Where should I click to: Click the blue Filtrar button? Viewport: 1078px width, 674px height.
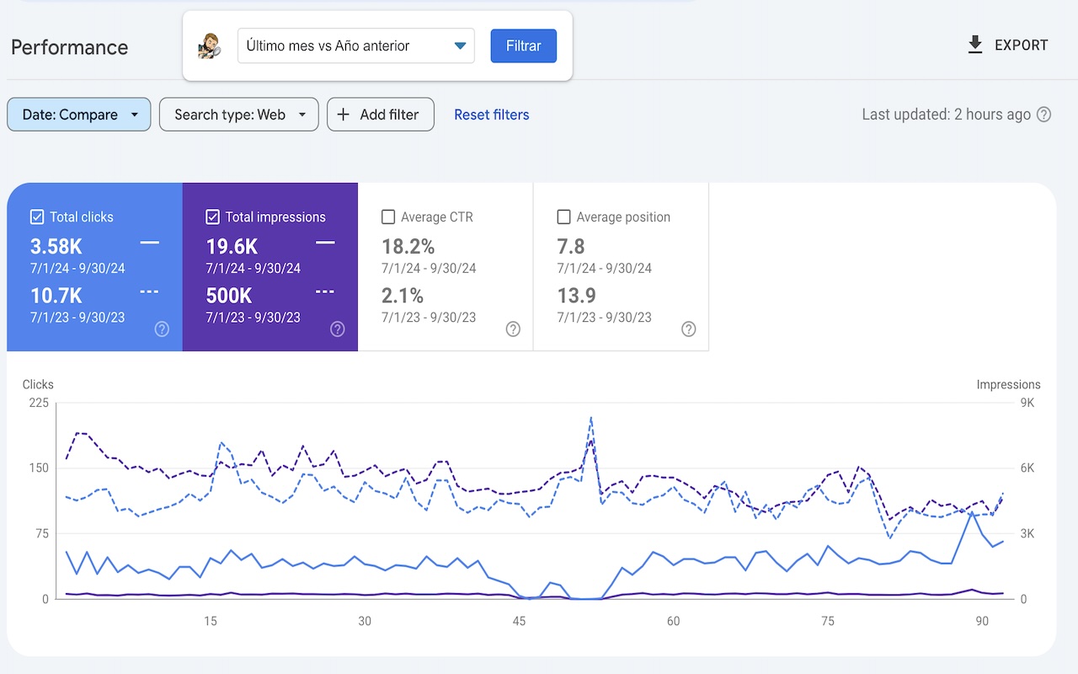click(x=523, y=45)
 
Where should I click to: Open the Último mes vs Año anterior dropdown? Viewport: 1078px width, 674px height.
click(x=356, y=45)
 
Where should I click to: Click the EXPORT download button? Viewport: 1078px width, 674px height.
click(x=1007, y=45)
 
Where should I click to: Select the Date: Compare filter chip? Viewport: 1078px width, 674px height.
click(x=79, y=115)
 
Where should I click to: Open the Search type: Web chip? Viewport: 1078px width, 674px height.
click(x=239, y=115)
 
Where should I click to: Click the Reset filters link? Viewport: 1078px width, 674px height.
click(x=491, y=115)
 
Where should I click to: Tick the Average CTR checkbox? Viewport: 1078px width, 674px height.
click(x=388, y=217)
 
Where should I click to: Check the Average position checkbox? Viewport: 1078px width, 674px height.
click(x=563, y=217)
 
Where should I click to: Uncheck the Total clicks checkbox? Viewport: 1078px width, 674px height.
click(x=37, y=217)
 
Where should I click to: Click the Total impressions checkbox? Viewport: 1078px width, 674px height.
click(x=212, y=217)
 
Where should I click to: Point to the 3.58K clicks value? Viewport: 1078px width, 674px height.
click(x=56, y=246)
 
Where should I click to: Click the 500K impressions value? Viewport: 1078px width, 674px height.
click(x=229, y=296)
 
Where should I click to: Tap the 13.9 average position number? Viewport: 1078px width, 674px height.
click(x=576, y=296)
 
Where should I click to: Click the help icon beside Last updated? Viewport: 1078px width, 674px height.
click(x=1043, y=115)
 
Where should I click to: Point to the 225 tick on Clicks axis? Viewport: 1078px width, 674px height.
click(x=39, y=403)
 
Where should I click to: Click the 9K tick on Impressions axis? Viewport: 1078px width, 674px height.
click(x=1027, y=403)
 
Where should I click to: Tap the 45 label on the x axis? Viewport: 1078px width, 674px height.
click(x=519, y=622)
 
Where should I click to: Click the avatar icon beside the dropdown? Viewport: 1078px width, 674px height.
click(x=208, y=46)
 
